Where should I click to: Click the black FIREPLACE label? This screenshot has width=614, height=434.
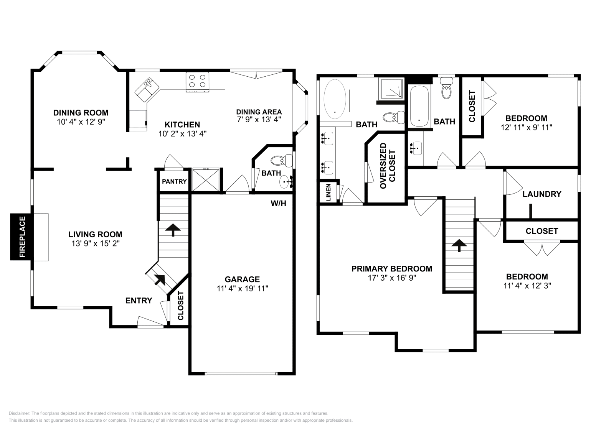(x=22, y=237)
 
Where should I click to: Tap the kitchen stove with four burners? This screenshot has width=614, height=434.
(x=197, y=81)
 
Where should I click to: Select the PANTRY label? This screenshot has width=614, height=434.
(x=174, y=181)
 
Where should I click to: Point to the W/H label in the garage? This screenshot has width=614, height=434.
(x=278, y=204)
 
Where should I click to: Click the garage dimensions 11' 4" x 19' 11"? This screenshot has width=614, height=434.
(x=242, y=289)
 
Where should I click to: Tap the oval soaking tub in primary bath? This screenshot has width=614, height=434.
(x=335, y=99)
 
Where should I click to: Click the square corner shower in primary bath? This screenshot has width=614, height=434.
(x=391, y=89)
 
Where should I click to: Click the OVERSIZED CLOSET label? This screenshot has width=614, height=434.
(x=388, y=166)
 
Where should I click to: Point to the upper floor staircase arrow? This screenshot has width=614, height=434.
(x=459, y=245)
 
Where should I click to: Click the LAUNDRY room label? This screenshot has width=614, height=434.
(x=541, y=194)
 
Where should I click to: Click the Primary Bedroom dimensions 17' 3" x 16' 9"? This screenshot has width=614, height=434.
(x=391, y=278)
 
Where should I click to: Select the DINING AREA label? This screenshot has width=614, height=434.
(x=259, y=112)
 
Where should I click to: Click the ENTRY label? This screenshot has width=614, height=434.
(x=139, y=301)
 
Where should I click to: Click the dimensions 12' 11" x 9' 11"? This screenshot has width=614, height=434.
(x=526, y=127)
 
